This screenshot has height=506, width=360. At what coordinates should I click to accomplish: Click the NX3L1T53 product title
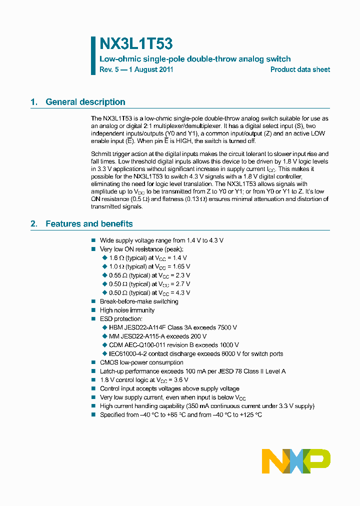coord(136,44)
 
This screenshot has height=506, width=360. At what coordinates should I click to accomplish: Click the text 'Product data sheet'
coord(300,70)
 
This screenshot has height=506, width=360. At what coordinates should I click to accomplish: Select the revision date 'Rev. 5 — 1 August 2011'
coord(136,70)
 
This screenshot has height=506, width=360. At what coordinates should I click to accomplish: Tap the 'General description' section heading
coord(85,102)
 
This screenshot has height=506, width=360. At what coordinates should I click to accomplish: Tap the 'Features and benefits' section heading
coord(89,224)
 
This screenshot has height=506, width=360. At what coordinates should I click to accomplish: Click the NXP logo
coord(296,461)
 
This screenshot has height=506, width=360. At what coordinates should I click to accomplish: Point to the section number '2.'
coord(34,224)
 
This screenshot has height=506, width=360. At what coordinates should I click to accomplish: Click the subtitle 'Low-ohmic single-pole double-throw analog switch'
coord(195,59)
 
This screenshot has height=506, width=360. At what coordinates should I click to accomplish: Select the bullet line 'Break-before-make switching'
coord(139,301)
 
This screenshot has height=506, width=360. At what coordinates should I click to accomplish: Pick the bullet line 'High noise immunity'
coord(127,310)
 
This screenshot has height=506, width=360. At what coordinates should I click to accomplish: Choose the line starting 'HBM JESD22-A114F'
coord(172,327)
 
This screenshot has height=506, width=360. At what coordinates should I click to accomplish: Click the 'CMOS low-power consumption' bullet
coord(141,362)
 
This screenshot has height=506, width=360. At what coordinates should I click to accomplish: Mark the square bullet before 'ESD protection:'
coord(93,319)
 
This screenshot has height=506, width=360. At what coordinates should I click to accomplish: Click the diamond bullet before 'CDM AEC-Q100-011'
coord(105,345)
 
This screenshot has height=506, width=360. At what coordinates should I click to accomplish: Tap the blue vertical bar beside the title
coord(93,55)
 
